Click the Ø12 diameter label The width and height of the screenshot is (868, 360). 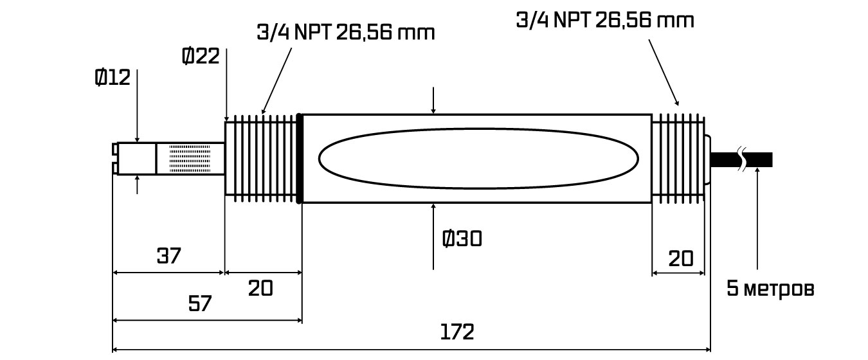pos(113,78)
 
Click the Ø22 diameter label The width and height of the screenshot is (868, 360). pos(201,56)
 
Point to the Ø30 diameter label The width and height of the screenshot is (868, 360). pos(462,239)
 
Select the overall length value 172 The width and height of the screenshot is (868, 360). pos(457,332)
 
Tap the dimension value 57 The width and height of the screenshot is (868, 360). pos(200,303)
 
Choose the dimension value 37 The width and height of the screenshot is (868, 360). pos(169,256)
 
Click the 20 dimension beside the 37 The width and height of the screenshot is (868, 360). pos(260,288)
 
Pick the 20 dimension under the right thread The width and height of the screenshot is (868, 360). pos(681,259)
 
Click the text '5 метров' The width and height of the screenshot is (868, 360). pos(770,289)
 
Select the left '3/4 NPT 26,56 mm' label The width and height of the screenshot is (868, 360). pos(346,33)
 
